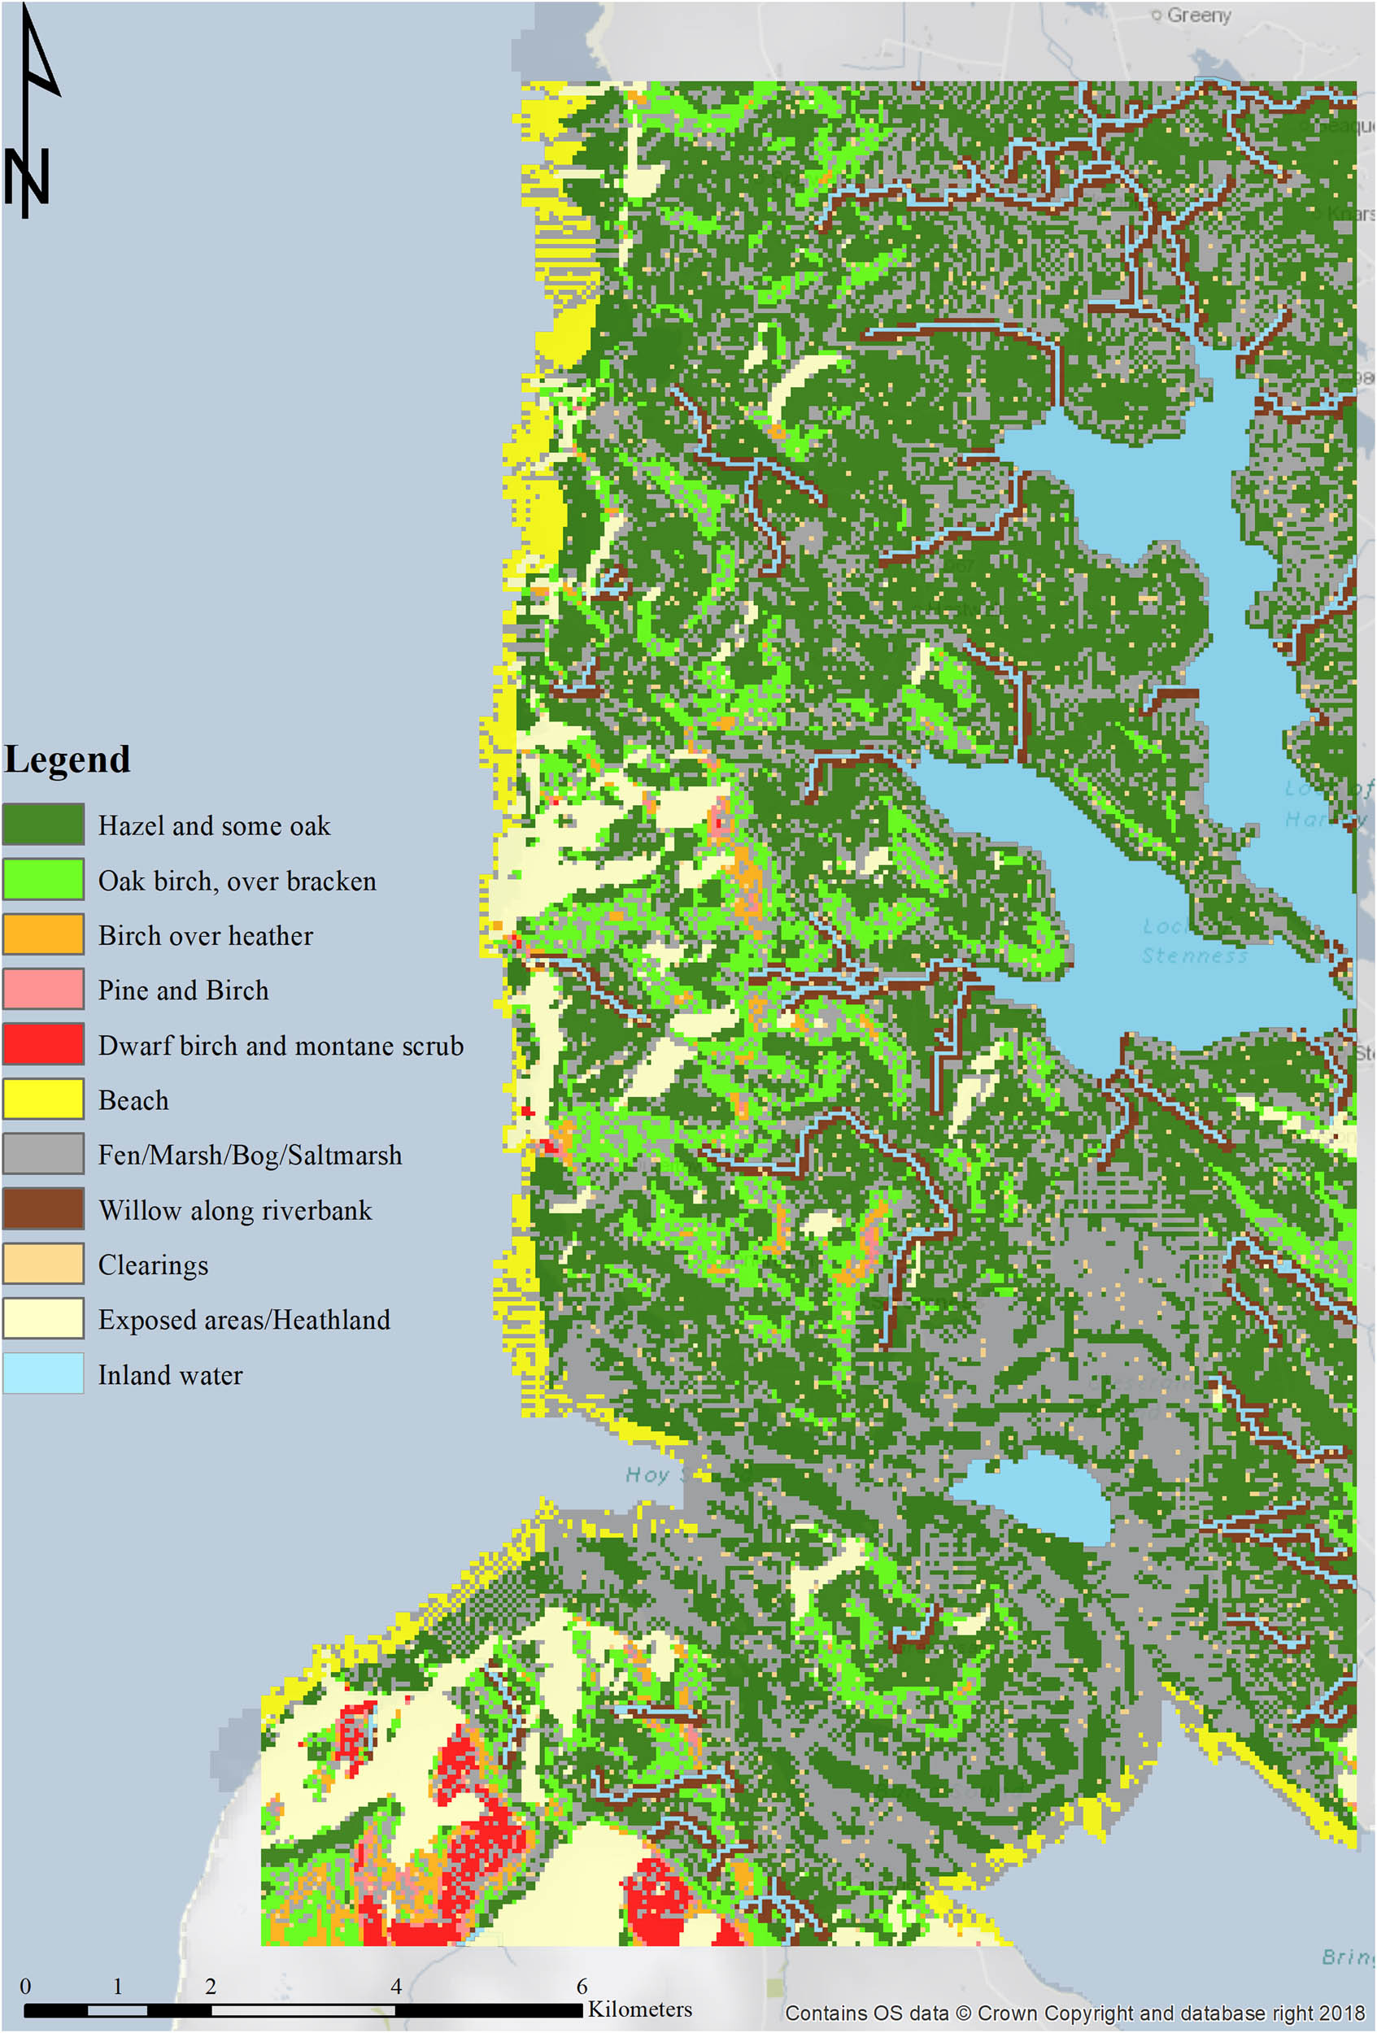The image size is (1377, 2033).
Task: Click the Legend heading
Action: coord(68,760)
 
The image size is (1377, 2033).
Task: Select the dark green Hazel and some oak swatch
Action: coord(44,824)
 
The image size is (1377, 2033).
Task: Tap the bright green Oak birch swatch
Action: coord(44,879)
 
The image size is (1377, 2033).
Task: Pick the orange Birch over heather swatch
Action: coord(44,934)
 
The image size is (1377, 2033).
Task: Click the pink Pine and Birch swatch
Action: coord(44,990)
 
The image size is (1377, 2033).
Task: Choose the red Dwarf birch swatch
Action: coord(44,1044)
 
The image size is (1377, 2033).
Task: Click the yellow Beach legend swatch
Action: coord(44,1099)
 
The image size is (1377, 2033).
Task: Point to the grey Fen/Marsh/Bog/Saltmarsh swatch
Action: coord(44,1154)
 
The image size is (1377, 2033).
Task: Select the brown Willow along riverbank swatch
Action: coord(44,1209)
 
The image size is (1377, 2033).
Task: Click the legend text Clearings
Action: coord(153,1265)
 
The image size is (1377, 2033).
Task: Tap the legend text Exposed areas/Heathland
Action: coord(244,1319)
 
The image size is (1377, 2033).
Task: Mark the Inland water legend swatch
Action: coord(44,1373)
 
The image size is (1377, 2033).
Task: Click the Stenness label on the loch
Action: coord(1193,956)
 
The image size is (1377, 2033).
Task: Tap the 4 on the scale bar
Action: coord(396,1986)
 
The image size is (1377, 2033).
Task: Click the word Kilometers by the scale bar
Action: coord(639,2009)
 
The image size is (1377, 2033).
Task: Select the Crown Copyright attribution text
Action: coord(1074,2013)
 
